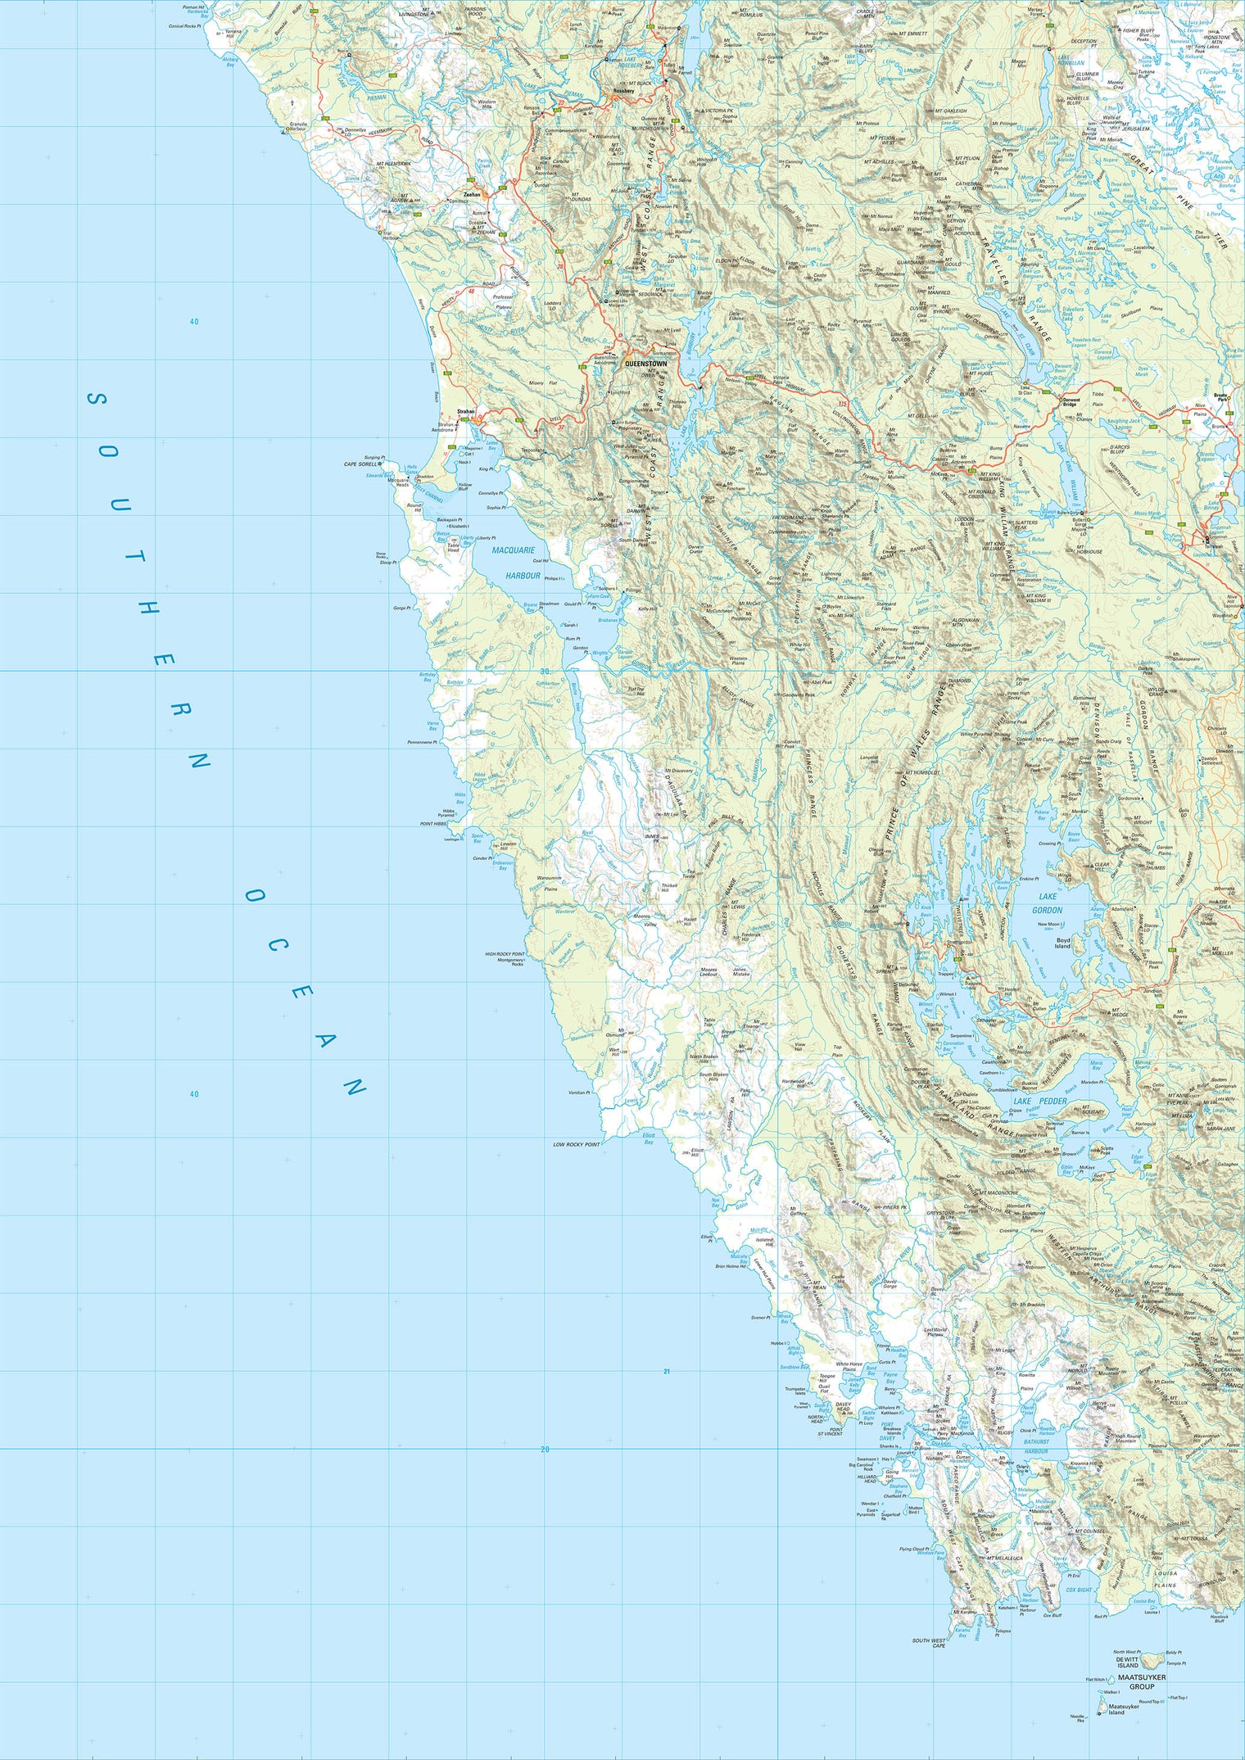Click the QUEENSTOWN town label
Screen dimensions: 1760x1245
click(x=645, y=363)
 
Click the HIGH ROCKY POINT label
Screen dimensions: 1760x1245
click(x=505, y=954)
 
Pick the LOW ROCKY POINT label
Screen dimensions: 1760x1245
click(x=577, y=1144)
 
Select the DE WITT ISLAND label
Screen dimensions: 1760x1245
click(x=1128, y=1663)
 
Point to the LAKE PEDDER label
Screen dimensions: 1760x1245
click(x=1039, y=1102)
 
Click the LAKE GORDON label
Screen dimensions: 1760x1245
click(x=1047, y=903)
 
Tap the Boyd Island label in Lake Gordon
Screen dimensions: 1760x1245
click(x=1062, y=943)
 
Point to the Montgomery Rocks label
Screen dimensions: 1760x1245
click(x=510, y=962)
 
